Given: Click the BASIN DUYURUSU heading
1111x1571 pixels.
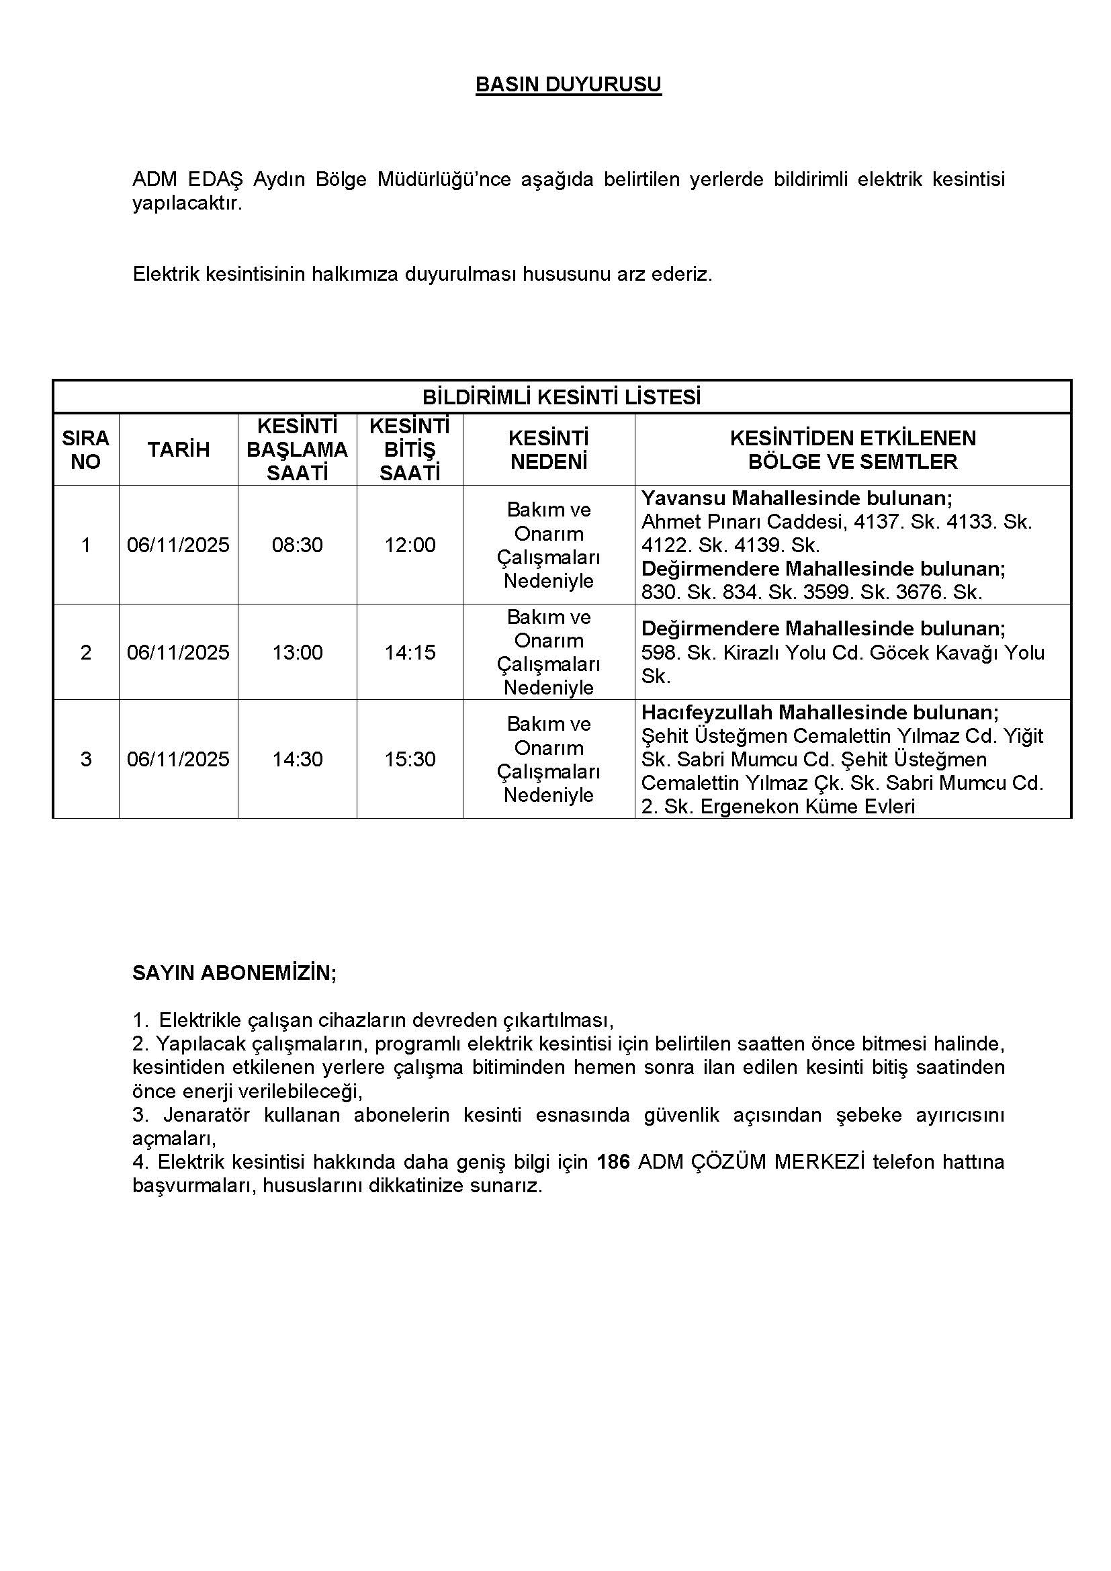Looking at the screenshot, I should tap(568, 84).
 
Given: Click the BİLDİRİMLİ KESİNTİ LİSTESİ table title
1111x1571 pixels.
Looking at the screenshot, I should tap(561, 397).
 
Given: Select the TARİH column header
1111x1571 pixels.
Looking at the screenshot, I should tap(179, 449).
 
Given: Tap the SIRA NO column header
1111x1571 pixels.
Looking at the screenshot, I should tap(85, 449).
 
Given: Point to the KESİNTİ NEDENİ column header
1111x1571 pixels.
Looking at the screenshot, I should tap(549, 449).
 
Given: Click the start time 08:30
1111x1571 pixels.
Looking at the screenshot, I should tap(297, 545).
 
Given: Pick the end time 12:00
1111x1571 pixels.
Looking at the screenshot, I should tap(410, 545).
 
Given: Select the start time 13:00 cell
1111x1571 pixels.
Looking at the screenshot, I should tap(297, 652).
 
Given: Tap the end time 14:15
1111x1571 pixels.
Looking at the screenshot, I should tap(410, 652).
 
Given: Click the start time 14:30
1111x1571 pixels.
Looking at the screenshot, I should tap(297, 759).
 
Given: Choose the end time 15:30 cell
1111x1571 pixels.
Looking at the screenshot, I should tap(410, 759).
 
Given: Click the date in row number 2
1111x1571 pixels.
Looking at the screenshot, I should tap(179, 652).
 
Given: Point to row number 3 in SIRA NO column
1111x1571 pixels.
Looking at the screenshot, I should tap(85, 759).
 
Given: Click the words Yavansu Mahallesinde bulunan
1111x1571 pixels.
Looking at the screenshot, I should tap(797, 498).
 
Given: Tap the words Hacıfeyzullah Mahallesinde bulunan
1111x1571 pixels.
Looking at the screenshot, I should tap(819, 712).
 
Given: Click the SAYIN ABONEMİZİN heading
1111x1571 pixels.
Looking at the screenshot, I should tap(234, 973).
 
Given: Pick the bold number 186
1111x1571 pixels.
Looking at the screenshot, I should tap(613, 1162).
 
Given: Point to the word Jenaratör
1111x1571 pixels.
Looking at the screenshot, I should tap(205, 1115).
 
